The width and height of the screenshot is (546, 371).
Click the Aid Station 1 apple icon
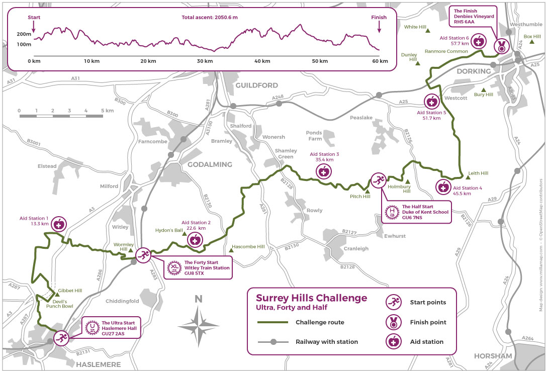(59, 224)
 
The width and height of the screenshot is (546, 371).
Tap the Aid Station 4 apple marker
(443, 188)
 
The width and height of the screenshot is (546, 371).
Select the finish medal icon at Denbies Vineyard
(501, 47)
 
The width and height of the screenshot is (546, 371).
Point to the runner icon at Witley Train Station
(143, 255)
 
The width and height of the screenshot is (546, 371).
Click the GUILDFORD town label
(256, 85)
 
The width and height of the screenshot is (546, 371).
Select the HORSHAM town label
(493, 356)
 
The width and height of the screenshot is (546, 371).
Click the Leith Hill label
(478, 173)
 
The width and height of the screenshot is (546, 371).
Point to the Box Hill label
(531, 36)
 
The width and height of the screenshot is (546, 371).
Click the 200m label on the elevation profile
(24, 34)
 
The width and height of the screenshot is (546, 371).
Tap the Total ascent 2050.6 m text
(210, 18)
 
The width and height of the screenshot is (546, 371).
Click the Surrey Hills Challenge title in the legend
(312, 298)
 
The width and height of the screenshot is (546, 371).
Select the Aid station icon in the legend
(393, 341)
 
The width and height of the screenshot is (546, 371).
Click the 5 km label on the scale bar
(107, 111)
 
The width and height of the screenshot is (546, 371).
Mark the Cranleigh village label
(356, 248)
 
